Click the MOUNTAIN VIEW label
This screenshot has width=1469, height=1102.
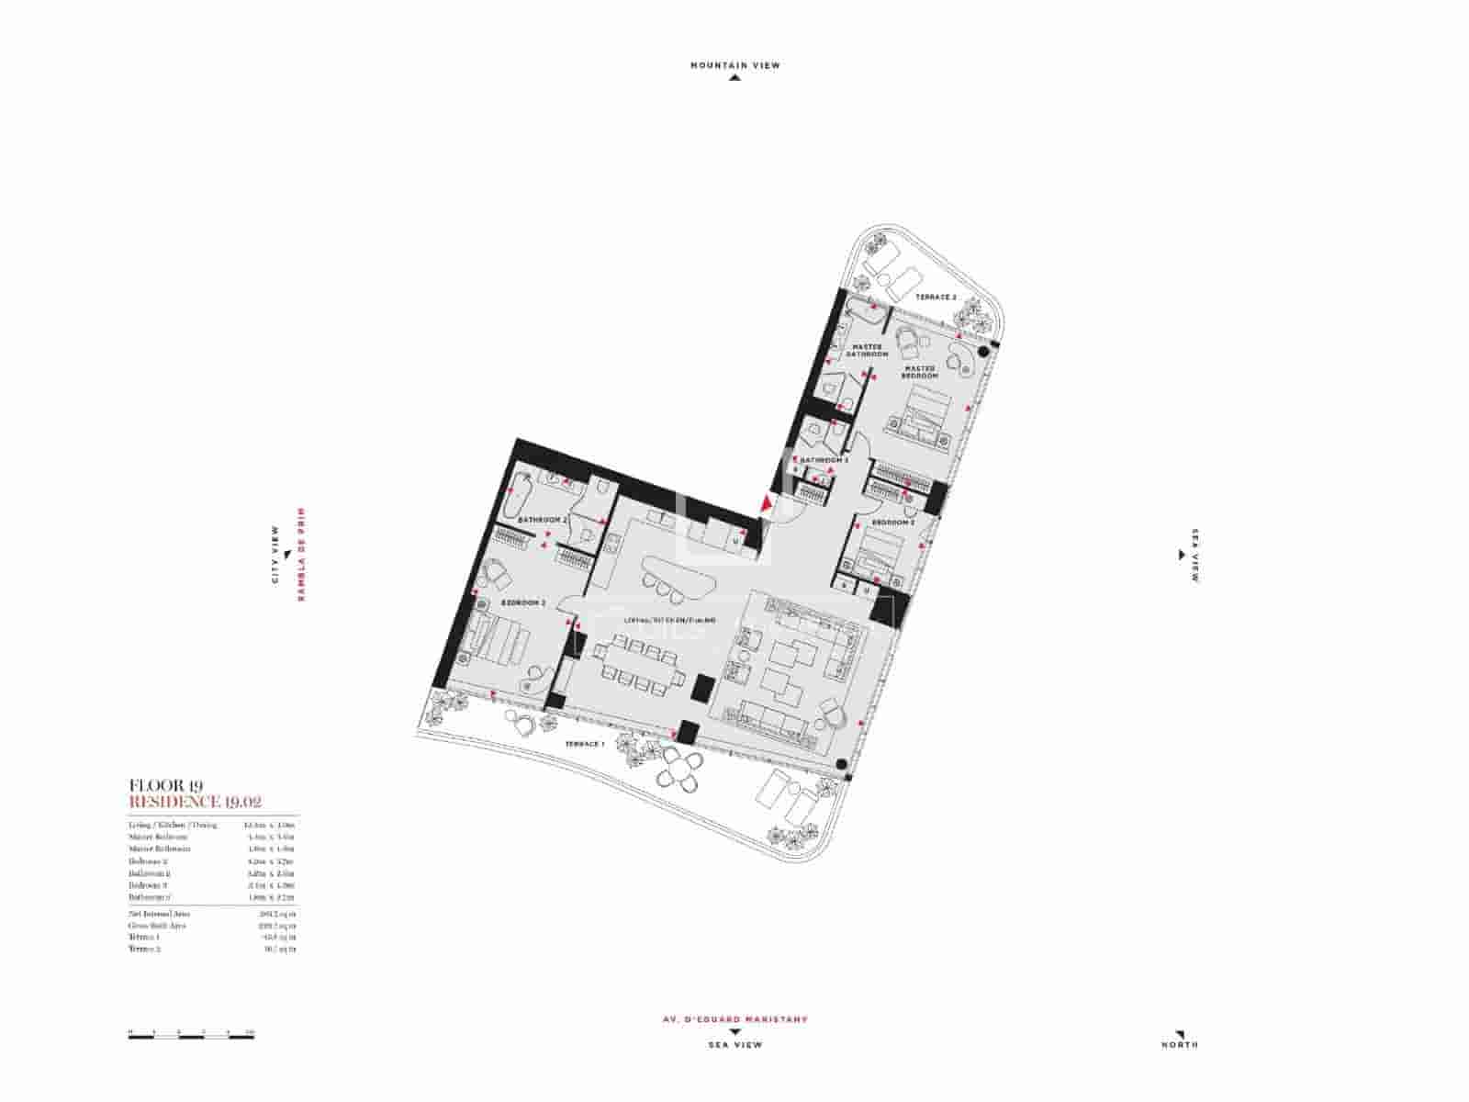point(734,65)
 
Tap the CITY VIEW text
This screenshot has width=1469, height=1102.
point(275,555)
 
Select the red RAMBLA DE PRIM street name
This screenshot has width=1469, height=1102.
point(299,555)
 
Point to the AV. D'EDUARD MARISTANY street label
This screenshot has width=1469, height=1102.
point(734,1019)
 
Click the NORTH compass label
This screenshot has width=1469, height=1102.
point(1179,1044)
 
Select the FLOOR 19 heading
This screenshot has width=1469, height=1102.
point(166,785)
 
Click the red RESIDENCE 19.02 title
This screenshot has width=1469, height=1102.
point(196,802)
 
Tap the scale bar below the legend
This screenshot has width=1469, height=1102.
point(191,1036)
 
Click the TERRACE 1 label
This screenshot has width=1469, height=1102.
point(584,744)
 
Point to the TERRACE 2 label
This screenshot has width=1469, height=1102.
point(936,298)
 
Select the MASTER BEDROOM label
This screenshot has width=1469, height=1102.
point(919,372)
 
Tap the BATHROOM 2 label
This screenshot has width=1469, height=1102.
point(543,520)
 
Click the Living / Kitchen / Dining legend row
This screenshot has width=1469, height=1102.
point(173,825)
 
